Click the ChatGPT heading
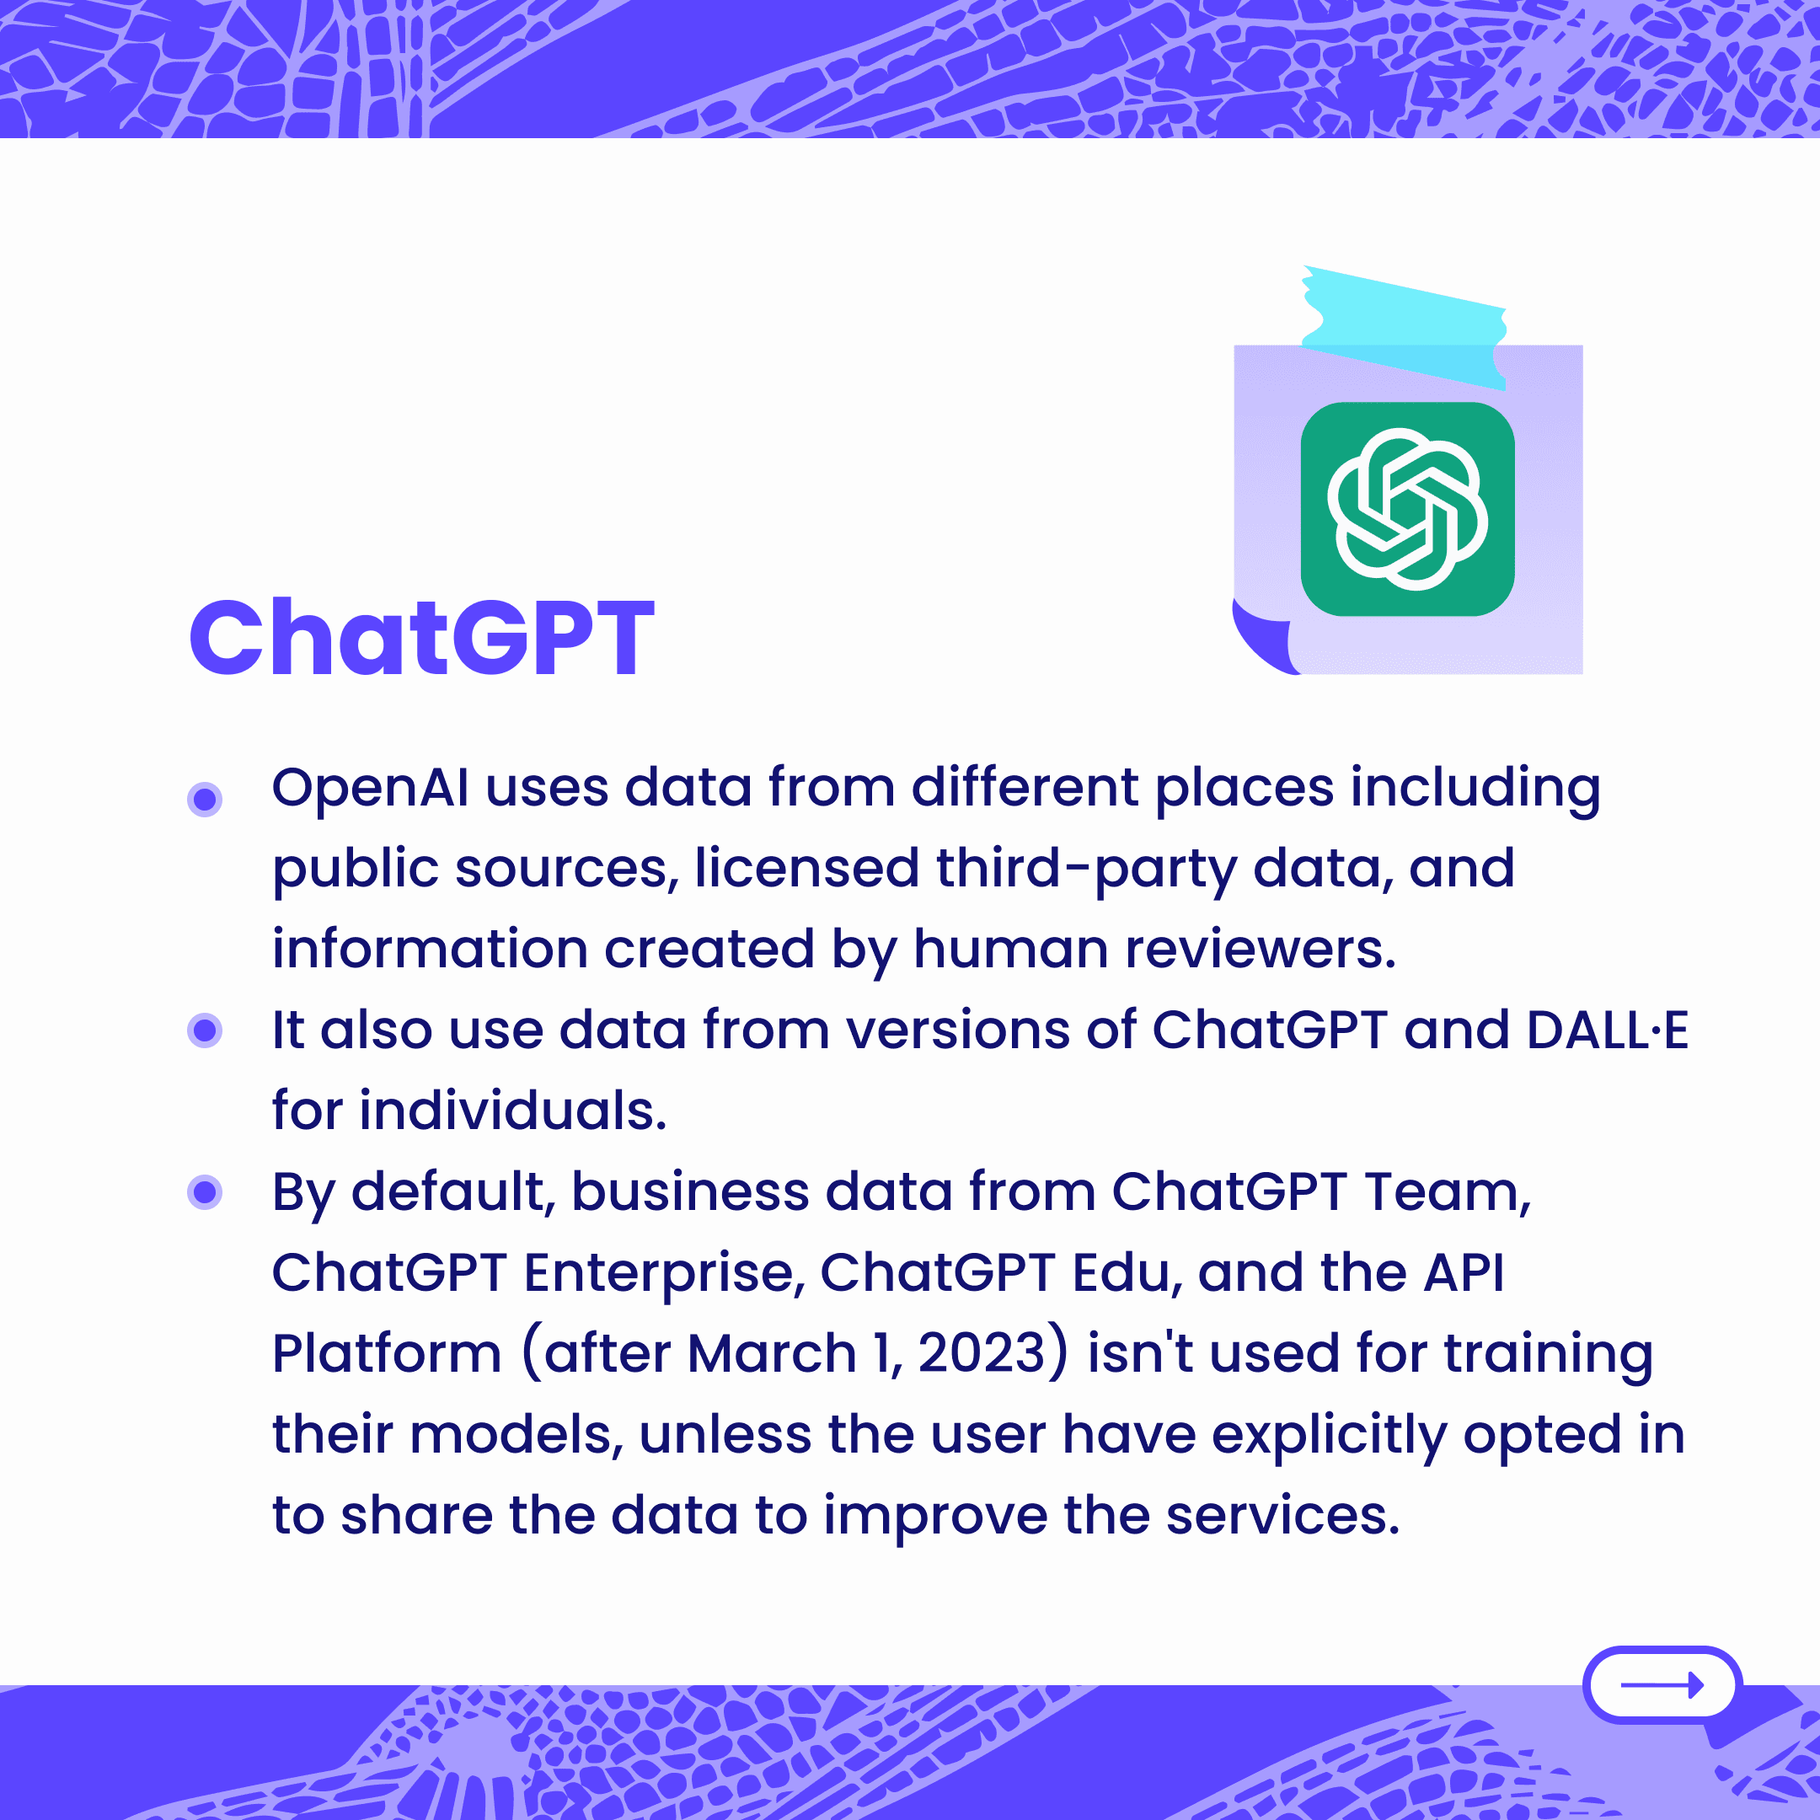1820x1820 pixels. pyautogui.click(x=422, y=638)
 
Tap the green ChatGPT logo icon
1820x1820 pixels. pyautogui.click(x=1407, y=509)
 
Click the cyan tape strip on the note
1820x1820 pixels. pyautogui.click(x=1404, y=327)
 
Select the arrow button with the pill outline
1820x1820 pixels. pyautogui.click(x=1662, y=1684)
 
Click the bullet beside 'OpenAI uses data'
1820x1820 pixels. pyautogui.click(x=205, y=799)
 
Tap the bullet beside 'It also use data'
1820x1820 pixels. pyautogui.click(x=205, y=1030)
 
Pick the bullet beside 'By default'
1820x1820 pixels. pyautogui.click(x=205, y=1191)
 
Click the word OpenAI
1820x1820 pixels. pyautogui.click(x=370, y=790)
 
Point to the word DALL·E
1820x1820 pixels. pyautogui.click(x=1607, y=1030)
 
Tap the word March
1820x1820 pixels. pyautogui.click(x=773, y=1354)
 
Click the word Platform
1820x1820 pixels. pyautogui.click(x=386, y=1354)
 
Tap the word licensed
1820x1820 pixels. pyautogui.click(x=806, y=868)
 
